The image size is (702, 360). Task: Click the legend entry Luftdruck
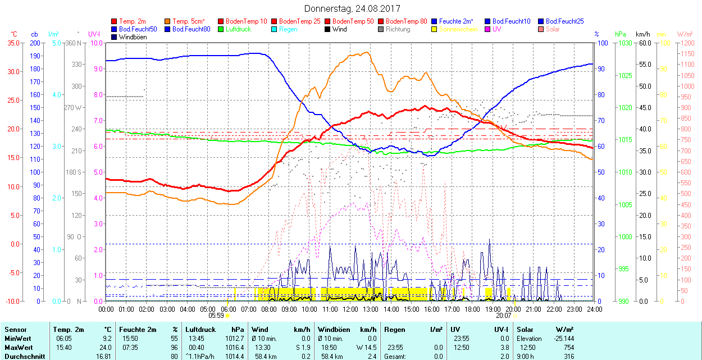click(238, 29)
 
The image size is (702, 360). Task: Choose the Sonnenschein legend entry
click(458, 29)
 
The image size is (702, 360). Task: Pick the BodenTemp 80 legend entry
click(406, 21)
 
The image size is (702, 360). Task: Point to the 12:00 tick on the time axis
click(350, 309)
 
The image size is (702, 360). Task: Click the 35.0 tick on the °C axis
click(12, 43)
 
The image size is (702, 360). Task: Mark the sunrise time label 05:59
click(217, 316)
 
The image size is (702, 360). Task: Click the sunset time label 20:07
click(503, 316)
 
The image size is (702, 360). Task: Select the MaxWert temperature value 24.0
click(106, 348)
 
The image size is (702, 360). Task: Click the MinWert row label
click(18, 339)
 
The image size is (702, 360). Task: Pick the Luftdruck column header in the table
click(200, 330)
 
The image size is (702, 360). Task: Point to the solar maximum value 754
click(569, 348)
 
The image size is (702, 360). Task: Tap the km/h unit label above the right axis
click(642, 34)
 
